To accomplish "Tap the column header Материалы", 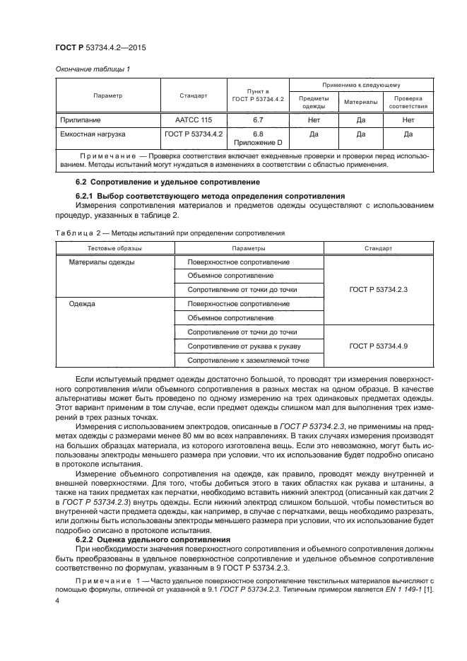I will point(360,102).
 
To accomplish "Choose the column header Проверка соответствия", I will point(408,102).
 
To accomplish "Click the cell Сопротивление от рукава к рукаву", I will point(244,346).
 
